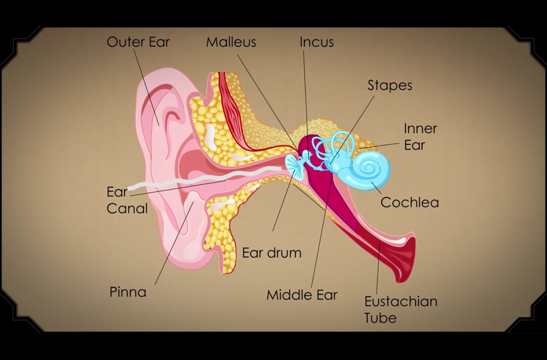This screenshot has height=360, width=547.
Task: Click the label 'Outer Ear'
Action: point(138,42)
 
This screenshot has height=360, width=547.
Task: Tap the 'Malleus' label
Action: point(231,42)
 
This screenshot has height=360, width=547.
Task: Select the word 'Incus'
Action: point(317,42)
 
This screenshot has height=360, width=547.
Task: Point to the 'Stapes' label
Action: point(389,86)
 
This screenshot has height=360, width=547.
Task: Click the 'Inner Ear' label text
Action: point(420,137)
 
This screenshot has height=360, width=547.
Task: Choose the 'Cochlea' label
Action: point(409,202)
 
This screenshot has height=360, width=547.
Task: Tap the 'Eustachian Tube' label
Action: point(401,309)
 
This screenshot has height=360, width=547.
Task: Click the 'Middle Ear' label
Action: point(302,295)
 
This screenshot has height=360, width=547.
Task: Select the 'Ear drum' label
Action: point(272,253)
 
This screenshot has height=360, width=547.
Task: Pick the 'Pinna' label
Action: point(128,292)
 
